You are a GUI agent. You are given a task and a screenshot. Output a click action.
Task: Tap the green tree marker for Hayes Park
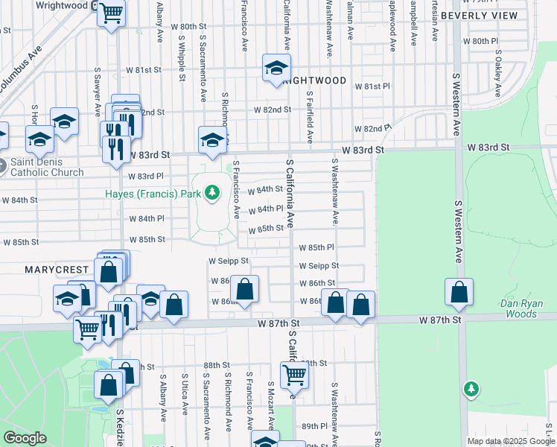213,194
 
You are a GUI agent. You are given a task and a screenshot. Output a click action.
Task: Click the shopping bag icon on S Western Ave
459,293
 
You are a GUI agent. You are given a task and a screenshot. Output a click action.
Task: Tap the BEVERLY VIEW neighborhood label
479,15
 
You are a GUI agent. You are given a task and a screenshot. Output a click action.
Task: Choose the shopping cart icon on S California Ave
294,375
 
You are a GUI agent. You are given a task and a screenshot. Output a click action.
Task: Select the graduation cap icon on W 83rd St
212,139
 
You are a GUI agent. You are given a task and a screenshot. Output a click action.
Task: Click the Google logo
25,438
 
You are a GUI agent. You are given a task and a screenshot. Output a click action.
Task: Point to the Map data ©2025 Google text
510,441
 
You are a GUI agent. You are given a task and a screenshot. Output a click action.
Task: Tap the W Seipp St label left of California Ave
229,261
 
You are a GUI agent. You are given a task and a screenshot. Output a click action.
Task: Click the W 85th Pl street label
317,247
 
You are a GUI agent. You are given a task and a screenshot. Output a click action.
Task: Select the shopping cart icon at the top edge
111,12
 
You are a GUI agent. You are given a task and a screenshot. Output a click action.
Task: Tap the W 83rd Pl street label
145,177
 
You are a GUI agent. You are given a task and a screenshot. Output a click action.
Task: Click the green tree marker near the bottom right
470,388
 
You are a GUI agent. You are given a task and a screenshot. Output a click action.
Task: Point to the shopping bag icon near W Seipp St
109,270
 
